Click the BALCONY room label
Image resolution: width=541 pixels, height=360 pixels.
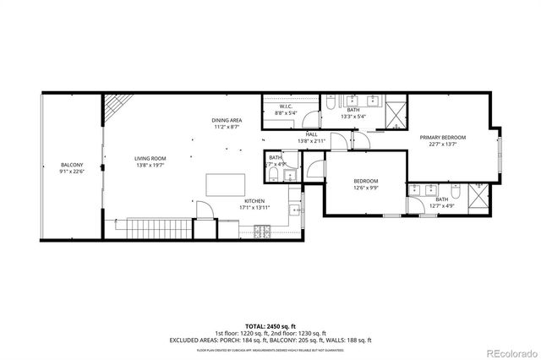click(71, 165)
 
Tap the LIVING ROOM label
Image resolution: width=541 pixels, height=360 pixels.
click(150, 158)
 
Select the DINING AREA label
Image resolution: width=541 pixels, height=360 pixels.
click(227, 120)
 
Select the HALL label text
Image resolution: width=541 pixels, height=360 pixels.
click(312, 135)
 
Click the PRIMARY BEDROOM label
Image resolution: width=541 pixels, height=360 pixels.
click(443, 137)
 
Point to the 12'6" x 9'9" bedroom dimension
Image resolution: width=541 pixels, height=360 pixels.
click(365, 188)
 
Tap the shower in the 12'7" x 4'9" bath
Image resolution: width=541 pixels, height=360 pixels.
click(478, 197)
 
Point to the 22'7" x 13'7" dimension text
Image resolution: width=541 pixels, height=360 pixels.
click(443, 144)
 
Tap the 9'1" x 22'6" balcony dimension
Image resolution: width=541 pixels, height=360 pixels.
click(71, 172)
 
